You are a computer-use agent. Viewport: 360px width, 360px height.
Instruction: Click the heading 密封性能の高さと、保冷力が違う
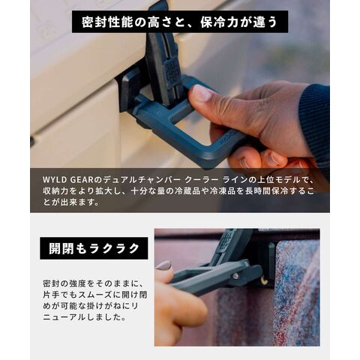tap(180, 22)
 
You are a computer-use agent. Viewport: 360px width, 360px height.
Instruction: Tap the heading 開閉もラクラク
tap(94, 248)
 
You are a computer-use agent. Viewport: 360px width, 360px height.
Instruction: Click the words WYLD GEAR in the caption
tap(68, 179)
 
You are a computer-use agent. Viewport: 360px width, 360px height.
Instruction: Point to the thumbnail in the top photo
tap(202, 93)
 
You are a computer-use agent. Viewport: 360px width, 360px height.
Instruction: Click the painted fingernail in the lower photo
tap(164, 265)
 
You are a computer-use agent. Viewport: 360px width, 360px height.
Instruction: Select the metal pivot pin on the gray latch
tap(235, 276)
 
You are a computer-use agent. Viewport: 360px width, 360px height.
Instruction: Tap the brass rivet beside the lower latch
tap(264, 281)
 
